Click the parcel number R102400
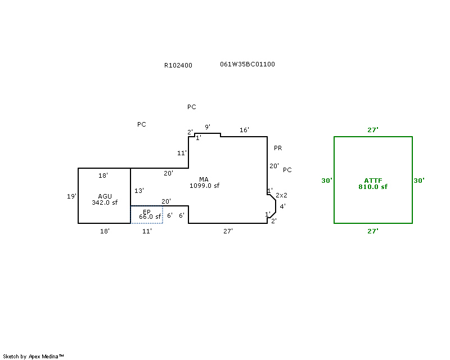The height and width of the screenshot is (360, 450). click(x=178, y=65)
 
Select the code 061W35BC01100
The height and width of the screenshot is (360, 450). click(x=247, y=64)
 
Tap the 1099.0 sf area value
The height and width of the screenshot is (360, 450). click(x=204, y=186)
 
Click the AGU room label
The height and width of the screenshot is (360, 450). click(x=105, y=196)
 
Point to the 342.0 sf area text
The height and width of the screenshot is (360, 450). click(x=105, y=202)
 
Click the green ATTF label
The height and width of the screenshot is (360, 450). click(x=372, y=181)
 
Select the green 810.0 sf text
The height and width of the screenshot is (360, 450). click(x=372, y=187)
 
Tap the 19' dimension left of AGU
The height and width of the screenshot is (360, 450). click(x=71, y=196)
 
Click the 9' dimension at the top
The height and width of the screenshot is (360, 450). click(x=208, y=127)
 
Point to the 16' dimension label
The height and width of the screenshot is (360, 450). click(x=244, y=130)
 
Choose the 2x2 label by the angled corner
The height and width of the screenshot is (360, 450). click(x=281, y=195)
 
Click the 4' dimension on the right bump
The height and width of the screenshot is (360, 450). click(x=282, y=206)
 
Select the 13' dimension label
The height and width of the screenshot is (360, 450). click(x=139, y=191)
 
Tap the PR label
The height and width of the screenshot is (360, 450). click(x=278, y=148)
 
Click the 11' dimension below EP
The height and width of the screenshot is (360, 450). click(x=147, y=231)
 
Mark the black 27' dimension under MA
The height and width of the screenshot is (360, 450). click(x=228, y=231)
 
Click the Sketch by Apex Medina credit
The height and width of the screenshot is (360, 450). click(x=33, y=356)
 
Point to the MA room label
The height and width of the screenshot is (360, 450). click(x=204, y=179)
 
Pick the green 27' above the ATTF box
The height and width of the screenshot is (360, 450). click(x=373, y=130)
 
